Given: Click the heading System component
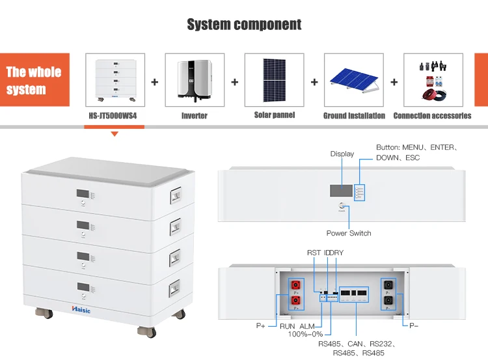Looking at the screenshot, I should tap(244, 25).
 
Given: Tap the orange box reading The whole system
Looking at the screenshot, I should tap(34, 80).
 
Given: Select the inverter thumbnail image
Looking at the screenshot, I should tap(195, 80).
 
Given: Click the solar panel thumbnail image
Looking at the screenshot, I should tap(274, 80).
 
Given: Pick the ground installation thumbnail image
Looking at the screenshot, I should tap(354, 80).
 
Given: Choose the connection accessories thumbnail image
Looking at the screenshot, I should tap(433, 80).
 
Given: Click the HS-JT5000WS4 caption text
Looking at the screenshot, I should tap(115, 116).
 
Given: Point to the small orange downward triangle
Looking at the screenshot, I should tap(115, 134).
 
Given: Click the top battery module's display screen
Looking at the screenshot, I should tap(83, 194).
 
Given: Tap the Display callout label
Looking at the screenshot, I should tap(342, 154).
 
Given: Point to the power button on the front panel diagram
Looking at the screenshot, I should tap(341, 208).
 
